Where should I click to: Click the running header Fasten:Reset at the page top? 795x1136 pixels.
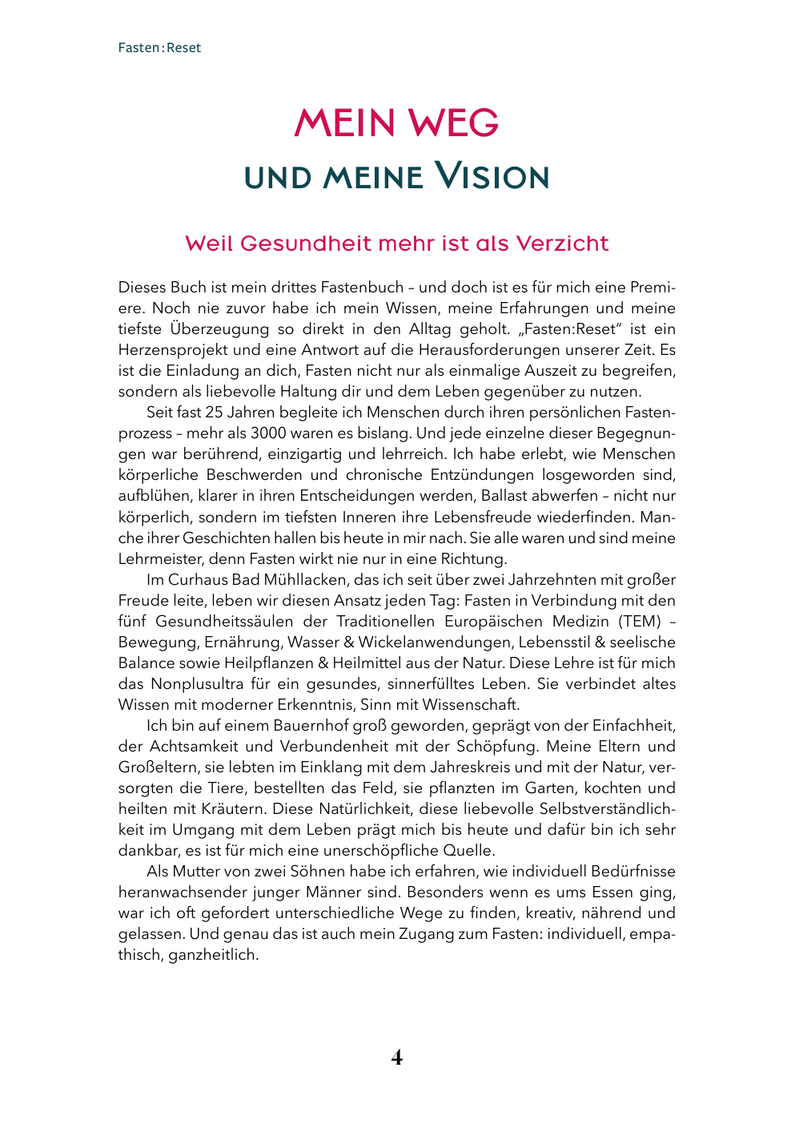point(159,47)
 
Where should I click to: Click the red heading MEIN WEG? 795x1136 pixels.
point(396,123)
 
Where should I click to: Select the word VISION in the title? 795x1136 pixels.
point(492,177)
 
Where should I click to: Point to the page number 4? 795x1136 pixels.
point(397,1057)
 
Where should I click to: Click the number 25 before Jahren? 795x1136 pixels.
point(214,413)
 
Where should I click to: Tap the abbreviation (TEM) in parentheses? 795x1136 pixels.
point(640,621)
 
